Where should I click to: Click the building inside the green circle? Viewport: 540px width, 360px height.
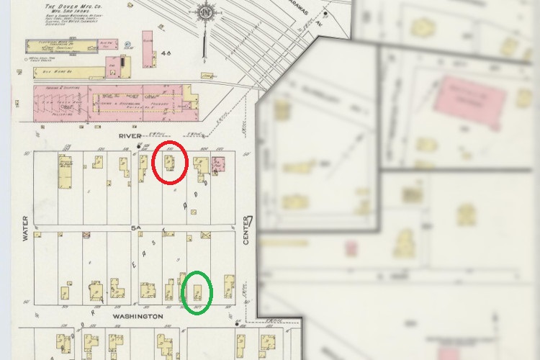click(196, 291)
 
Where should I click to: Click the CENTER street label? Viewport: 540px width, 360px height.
click(246, 232)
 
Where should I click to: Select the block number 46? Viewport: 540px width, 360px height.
click(166, 53)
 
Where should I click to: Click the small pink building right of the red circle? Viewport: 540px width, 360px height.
click(217, 163)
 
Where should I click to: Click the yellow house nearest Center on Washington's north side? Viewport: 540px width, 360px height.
click(229, 285)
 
